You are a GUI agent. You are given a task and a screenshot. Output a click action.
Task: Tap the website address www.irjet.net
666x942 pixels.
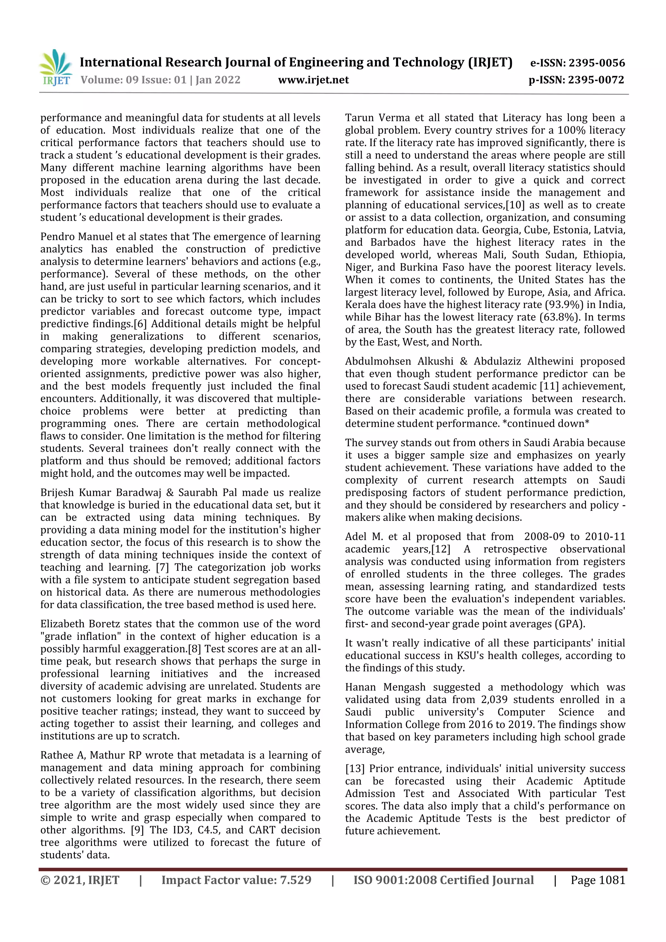point(313,80)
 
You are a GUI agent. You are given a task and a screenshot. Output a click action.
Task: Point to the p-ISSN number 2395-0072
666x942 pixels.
point(596,80)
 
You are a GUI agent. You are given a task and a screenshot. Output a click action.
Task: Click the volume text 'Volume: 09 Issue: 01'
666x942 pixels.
point(133,80)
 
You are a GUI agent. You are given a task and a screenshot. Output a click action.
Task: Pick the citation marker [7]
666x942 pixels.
point(162,568)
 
